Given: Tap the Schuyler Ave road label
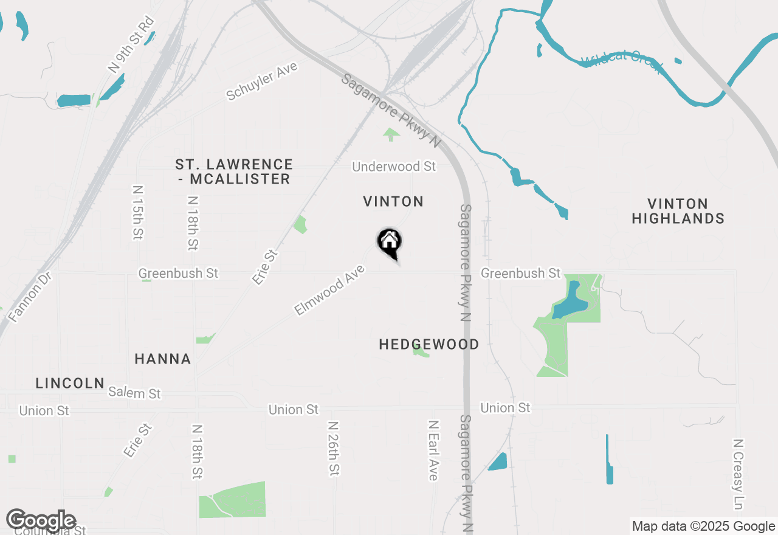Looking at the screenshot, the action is coord(262,81).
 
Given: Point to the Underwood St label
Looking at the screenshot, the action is coord(394,167).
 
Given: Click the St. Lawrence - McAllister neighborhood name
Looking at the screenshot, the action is coord(234,171).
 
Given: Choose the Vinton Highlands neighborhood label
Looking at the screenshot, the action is coord(678,211).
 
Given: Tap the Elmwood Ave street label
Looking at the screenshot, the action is coord(329,290).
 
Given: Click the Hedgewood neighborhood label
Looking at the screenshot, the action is coord(429,345).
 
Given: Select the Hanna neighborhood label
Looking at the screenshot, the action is coord(163,359).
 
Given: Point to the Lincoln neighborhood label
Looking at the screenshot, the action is coord(70,384).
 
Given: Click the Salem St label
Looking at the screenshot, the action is coord(134,393).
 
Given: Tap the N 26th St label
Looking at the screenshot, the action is coord(333,448).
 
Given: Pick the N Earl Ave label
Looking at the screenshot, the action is coord(433,450).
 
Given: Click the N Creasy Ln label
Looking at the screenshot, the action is coord(738,474).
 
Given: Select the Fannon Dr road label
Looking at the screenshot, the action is coord(30,296).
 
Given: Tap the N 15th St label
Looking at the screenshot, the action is coord(138,212).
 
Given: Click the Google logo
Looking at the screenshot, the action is coord(41,520).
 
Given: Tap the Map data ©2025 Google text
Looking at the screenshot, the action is coord(703,526).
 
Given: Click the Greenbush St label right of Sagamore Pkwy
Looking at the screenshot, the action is coord(520,274).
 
